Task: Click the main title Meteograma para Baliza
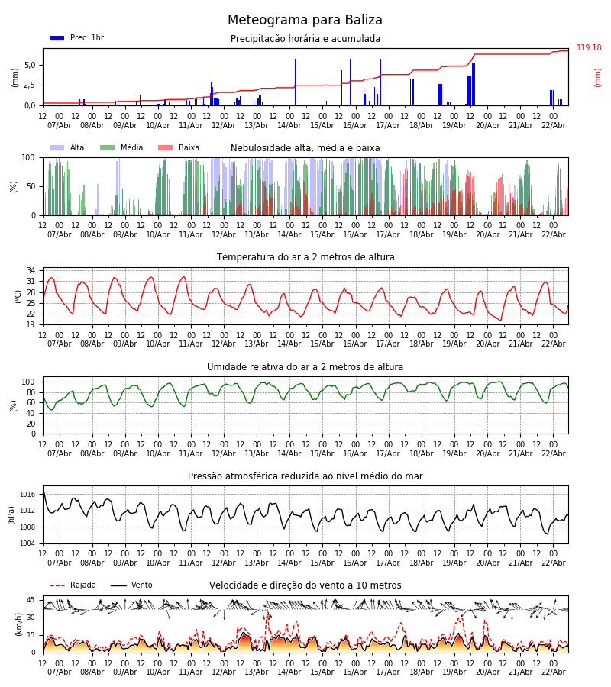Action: (x=305, y=21)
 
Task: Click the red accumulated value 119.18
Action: (x=589, y=48)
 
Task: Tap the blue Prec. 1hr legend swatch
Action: (x=57, y=38)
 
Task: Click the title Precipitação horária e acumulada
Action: (x=305, y=39)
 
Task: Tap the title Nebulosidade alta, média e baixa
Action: (x=305, y=148)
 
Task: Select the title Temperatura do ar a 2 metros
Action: (x=305, y=257)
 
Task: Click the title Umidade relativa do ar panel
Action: (x=305, y=367)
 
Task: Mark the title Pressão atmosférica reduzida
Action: (x=305, y=476)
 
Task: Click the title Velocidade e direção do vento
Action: (x=305, y=585)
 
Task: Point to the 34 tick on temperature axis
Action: (x=31, y=271)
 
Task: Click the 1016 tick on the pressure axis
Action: (x=27, y=495)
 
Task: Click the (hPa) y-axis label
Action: (x=12, y=514)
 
